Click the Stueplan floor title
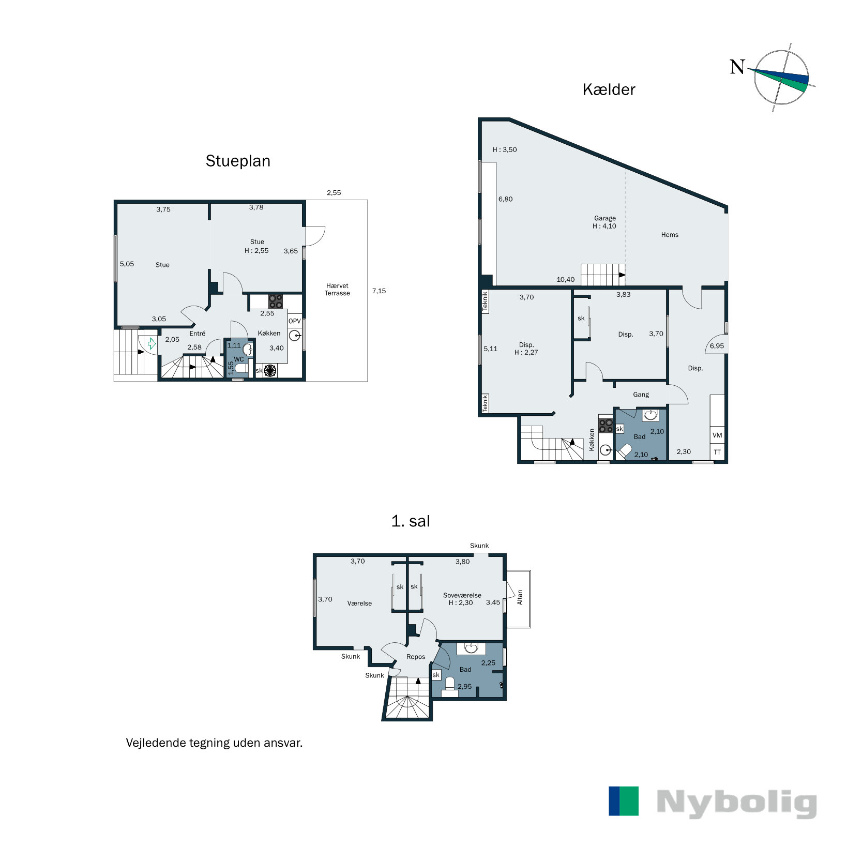[238, 161]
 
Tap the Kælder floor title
[609, 89]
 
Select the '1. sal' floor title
[411, 521]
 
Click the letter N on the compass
[737, 67]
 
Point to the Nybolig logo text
[736, 803]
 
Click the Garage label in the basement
[605, 218]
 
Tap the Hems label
[670, 235]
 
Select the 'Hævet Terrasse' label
[337, 290]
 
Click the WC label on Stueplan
[239, 359]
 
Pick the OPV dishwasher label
[295, 321]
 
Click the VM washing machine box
[717, 435]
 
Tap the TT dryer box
[717, 452]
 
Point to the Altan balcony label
[520, 597]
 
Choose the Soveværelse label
[462, 595]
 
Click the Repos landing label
[416, 657]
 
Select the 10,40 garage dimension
[566, 280]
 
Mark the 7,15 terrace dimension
[379, 291]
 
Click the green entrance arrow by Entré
[152, 343]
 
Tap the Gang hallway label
[641, 395]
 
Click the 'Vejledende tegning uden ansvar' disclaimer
[214, 743]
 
